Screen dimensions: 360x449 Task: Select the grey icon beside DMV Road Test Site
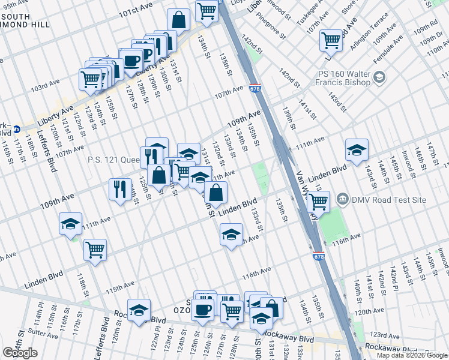[x=342, y=198]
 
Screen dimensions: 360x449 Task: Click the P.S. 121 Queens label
[x=114, y=160]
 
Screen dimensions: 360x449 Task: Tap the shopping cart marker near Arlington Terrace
[x=331, y=40]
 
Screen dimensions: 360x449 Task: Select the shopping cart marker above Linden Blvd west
[x=95, y=249]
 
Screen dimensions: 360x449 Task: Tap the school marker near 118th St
[x=70, y=224]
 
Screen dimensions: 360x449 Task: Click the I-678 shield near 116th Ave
[x=318, y=256]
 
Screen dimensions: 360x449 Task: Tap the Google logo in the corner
[x=20, y=353]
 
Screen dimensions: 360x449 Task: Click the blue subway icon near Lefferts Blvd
[x=17, y=128]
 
